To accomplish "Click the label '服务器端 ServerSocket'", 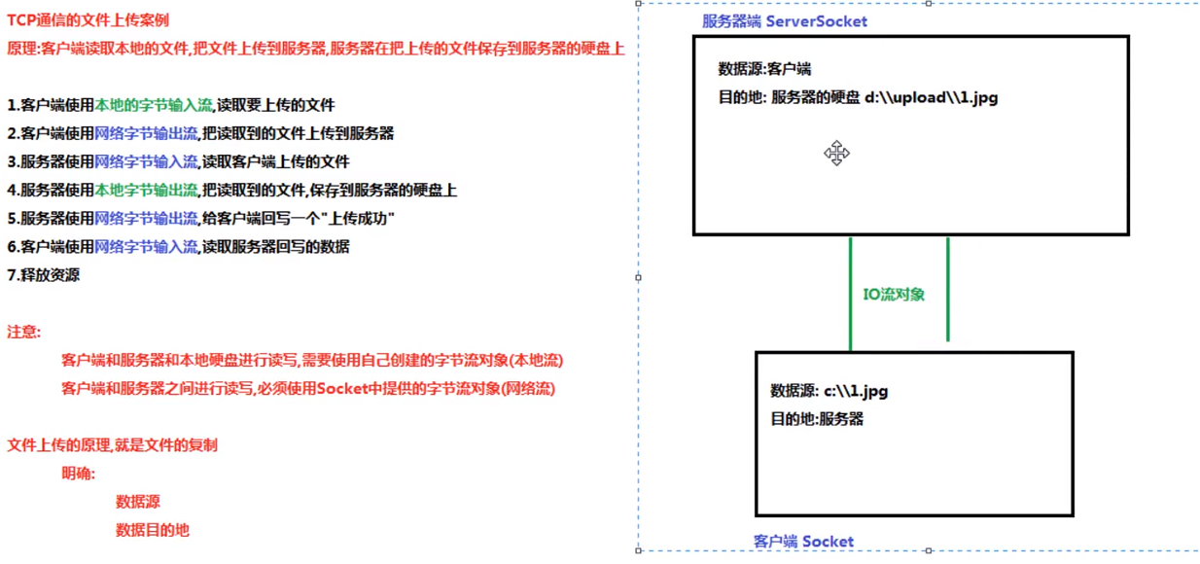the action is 784,21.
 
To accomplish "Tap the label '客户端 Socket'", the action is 803,542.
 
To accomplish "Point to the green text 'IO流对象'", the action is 894,294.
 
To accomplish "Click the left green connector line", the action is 851,292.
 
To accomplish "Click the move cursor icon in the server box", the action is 836,154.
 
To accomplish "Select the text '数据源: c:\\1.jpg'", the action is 829,391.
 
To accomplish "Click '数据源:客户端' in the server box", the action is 764,69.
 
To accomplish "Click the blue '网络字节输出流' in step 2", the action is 146,133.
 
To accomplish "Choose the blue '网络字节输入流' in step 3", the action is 146,161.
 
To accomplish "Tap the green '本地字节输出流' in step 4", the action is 146,191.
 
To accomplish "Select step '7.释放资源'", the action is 44,275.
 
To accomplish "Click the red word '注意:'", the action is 24,332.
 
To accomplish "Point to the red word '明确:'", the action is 79,474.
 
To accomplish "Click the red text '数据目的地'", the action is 152,530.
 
